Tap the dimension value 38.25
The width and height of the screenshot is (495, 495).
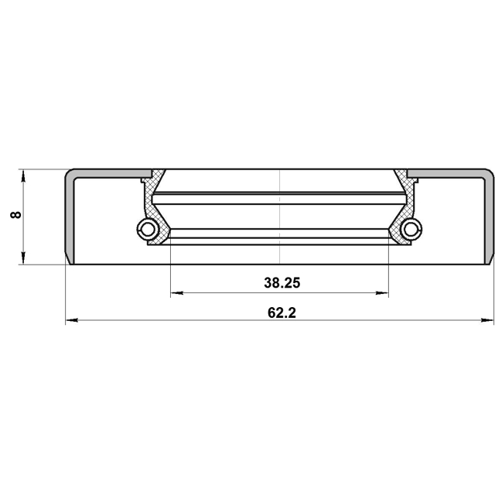click(281, 283)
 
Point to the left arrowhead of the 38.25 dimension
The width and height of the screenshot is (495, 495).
click(174, 293)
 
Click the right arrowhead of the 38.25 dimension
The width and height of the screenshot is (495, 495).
click(384, 293)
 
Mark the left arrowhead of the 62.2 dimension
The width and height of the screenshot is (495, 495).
click(70, 320)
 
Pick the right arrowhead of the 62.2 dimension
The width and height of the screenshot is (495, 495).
click(490, 320)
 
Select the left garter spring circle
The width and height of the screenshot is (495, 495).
click(146, 228)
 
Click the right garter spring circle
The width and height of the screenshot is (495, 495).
click(412, 228)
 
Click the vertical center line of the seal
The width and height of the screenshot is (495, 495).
click(279, 217)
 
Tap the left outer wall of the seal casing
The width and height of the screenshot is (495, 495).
click(67, 217)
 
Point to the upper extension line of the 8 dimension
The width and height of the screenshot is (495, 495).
click(43, 169)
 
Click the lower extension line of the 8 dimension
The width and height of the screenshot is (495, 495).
click(43, 265)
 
